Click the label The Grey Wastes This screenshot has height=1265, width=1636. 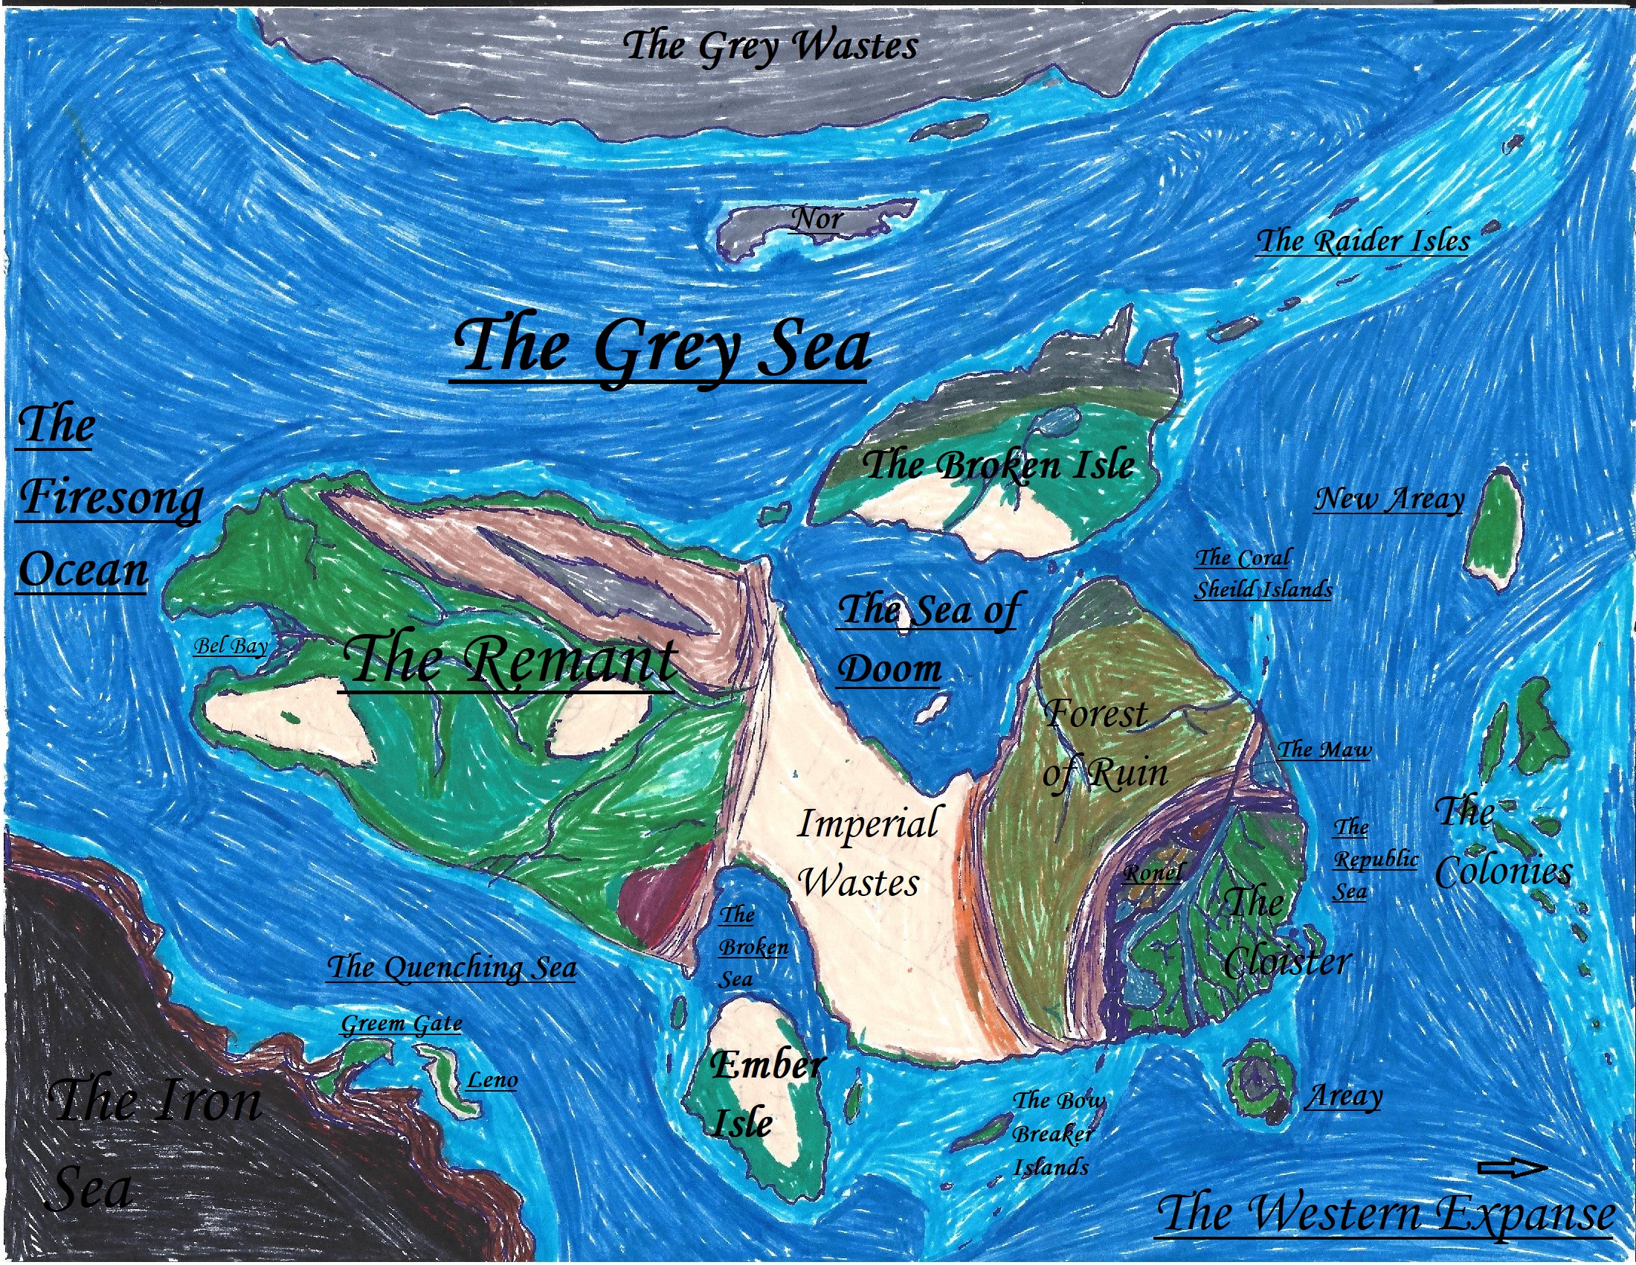click(770, 46)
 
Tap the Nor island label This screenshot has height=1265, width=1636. click(817, 220)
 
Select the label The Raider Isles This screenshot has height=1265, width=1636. click(1362, 241)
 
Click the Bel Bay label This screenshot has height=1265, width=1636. click(231, 646)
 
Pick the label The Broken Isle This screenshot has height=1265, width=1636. click(998, 466)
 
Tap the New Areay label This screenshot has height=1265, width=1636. click(1389, 499)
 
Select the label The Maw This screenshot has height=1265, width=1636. click(1324, 749)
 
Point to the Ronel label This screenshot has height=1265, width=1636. click(1153, 872)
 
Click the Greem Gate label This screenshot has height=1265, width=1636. click(402, 1024)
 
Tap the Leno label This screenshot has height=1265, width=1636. click(492, 1080)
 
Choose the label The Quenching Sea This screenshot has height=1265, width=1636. click(451, 967)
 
